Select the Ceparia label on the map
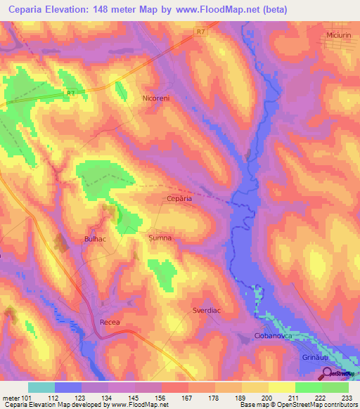tap(179, 199)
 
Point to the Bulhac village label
tap(95, 239)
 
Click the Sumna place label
tap(160, 238)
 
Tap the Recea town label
tap(110, 323)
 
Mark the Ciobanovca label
tap(274, 337)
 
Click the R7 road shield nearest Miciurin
tap(202, 32)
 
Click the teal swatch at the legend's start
tap(41, 387)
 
